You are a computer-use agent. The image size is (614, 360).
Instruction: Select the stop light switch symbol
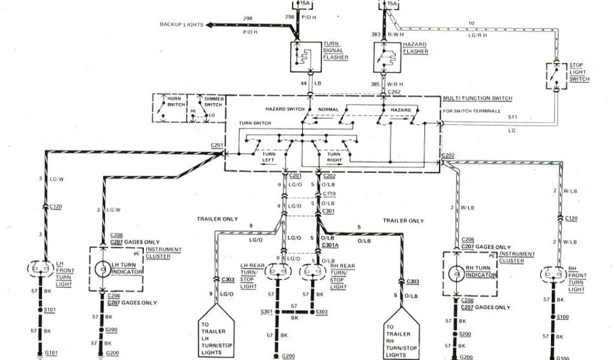coord(558,76)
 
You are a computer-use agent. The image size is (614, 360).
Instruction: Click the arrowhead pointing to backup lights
coord(209,25)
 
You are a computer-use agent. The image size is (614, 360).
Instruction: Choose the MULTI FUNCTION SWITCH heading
coord(477,97)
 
